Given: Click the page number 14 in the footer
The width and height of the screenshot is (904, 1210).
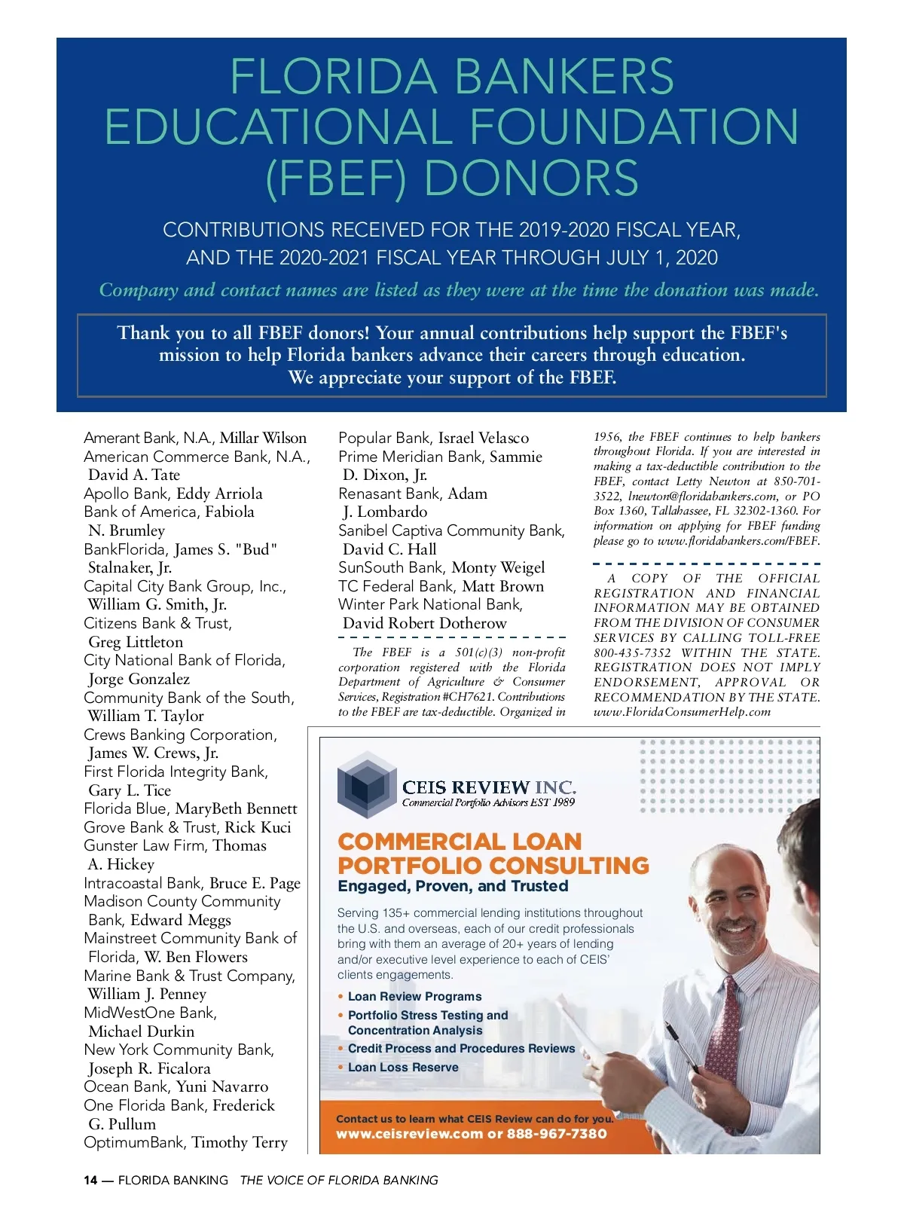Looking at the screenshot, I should [x=90, y=1180].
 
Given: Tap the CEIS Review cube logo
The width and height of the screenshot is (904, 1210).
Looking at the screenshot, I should [x=366, y=784].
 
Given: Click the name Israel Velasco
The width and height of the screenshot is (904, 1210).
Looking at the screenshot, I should [x=484, y=438].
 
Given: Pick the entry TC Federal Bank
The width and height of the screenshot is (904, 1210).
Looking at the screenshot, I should [x=397, y=586].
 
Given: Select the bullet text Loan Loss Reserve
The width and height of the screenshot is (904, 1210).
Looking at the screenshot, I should [x=403, y=1067].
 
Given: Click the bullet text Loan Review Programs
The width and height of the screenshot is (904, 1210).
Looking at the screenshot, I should [x=414, y=996].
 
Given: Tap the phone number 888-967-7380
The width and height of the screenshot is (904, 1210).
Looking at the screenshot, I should [x=557, y=1133].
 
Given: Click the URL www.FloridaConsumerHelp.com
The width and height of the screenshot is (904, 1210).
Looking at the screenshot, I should [x=682, y=711].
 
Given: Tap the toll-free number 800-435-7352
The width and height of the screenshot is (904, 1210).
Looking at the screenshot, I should [x=632, y=652].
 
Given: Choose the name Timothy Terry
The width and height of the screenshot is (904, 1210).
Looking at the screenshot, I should [x=240, y=1142].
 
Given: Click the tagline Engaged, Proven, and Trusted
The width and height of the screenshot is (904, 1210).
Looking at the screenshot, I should [x=453, y=886].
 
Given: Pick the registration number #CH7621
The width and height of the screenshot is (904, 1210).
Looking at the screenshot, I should [x=469, y=697].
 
